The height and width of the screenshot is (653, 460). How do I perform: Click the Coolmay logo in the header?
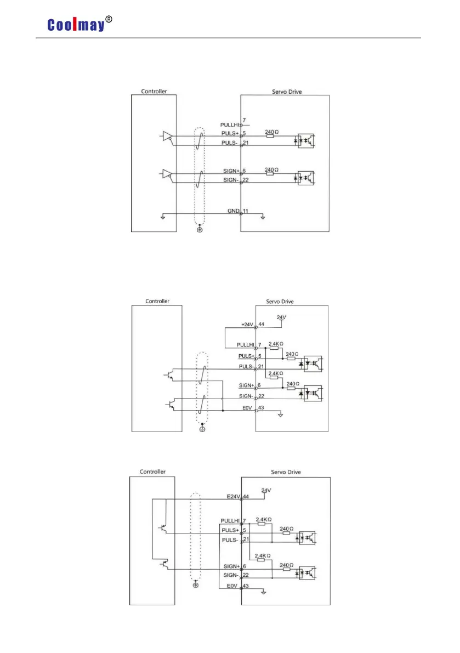point(75,25)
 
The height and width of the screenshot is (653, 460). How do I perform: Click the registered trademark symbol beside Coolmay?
point(109,20)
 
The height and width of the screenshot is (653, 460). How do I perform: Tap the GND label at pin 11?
point(234,211)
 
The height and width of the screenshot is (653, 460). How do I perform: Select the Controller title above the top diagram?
point(154,92)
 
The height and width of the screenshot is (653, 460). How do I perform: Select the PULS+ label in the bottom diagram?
point(230,530)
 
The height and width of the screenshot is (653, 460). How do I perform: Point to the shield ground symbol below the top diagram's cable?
point(199,228)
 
